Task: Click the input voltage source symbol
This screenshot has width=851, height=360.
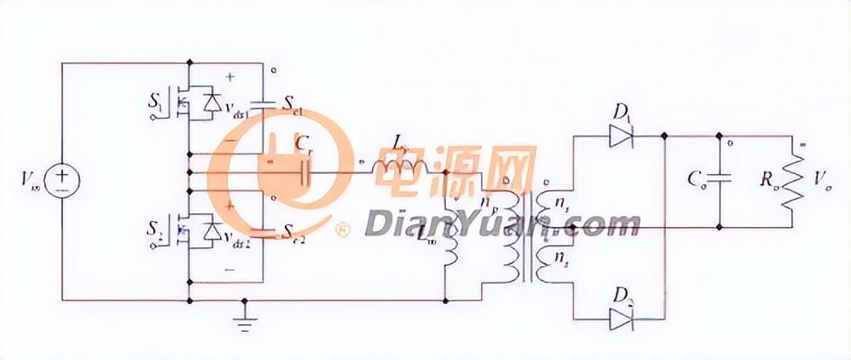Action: [x=61, y=180]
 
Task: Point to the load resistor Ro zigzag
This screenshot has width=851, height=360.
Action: [x=794, y=181]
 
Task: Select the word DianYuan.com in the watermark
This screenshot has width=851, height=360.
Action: [x=502, y=224]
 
